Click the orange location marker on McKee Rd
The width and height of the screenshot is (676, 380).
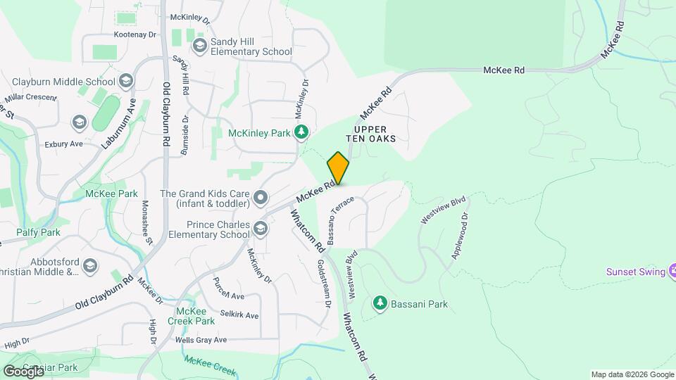click(x=338, y=168)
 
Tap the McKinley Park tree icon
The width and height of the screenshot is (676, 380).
click(x=301, y=132)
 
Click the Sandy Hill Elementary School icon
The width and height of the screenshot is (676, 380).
click(x=199, y=46)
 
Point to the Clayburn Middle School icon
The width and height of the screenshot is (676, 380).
click(x=126, y=80)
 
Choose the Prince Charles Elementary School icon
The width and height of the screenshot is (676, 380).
click(x=261, y=229)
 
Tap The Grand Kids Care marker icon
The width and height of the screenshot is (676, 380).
click(x=261, y=198)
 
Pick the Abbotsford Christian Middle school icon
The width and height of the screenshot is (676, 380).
click(x=89, y=265)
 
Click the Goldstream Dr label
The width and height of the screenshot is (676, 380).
click(x=323, y=285)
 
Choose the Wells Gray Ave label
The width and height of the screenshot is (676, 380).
click(x=201, y=340)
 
